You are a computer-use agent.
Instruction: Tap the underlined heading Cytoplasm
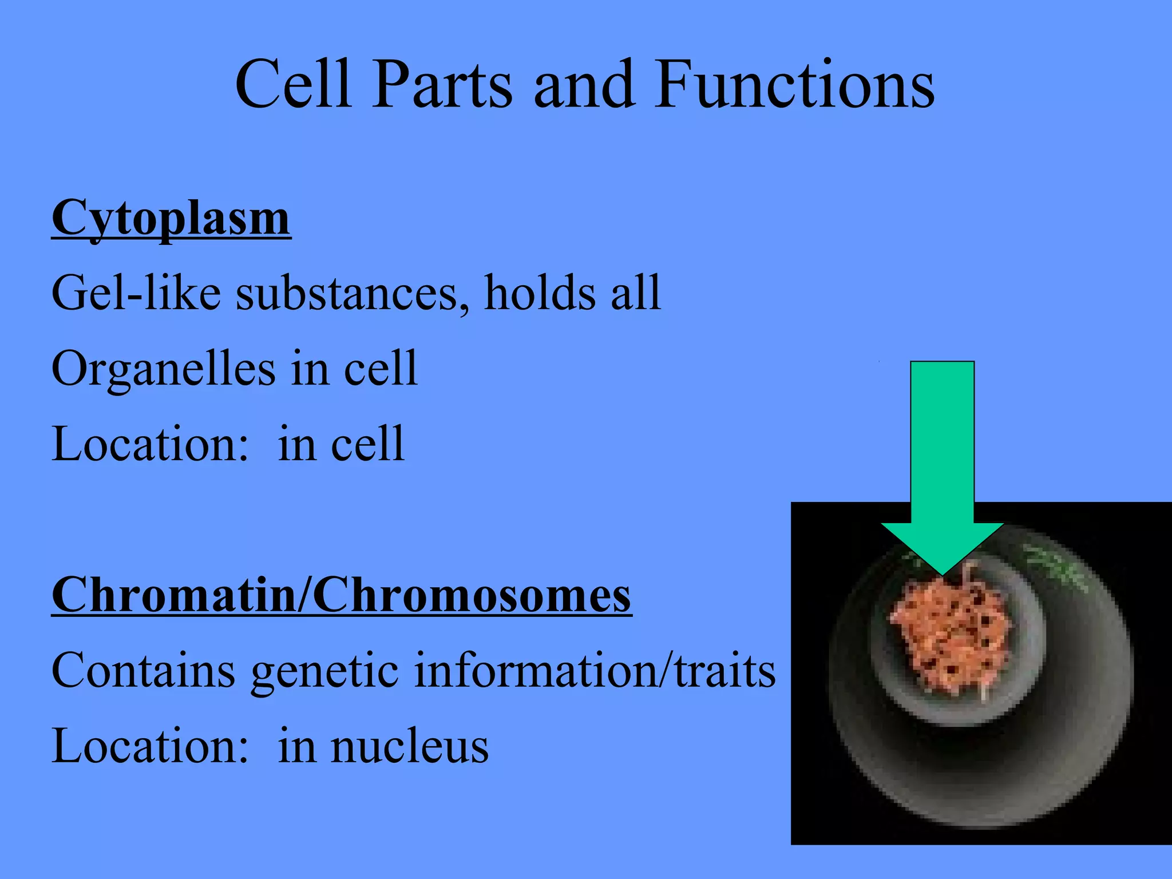tap(171, 218)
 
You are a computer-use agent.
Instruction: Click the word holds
tap(541, 292)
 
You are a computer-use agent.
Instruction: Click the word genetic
tap(325, 671)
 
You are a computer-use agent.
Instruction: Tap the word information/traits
tap(594, 670)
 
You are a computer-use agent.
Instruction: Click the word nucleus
tap(410, 746)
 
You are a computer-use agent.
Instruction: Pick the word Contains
tap(143, 670)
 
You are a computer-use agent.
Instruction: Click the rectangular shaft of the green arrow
tap(942, 441)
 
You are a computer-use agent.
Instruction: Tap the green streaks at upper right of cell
tap(1056, 569)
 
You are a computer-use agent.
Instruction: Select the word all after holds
tap(635, 292)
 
